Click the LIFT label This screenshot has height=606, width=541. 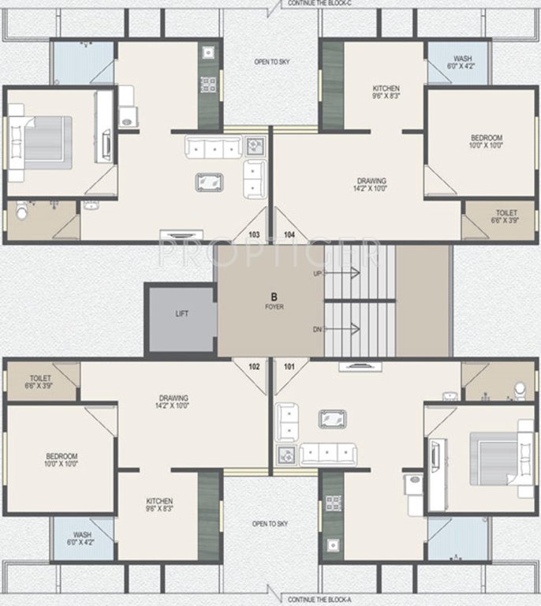(x=181, y=313)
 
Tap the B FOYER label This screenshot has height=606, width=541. (x=273, y=301)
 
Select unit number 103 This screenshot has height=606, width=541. (x=254, y=234)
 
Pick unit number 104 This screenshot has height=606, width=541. (x=289, y=234)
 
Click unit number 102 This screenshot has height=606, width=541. (x=254, y=366)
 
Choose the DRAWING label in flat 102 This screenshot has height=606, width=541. (x=173, y=402)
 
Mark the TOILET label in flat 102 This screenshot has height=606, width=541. (x=40, y=383)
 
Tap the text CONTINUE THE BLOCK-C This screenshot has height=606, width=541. (x=320, y=4)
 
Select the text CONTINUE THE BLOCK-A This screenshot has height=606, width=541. (x=319, y=600)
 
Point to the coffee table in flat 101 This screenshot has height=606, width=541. (x=334, y=419)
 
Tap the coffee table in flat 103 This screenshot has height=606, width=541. (x=209, y=181)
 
